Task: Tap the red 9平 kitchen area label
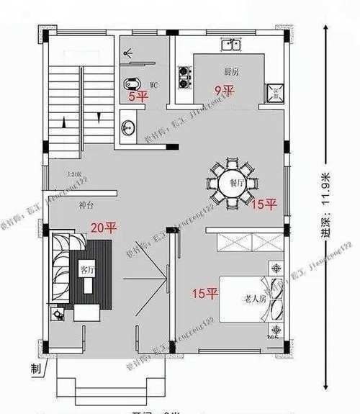(x=225, y=91)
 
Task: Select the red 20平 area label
(x=103, y=228)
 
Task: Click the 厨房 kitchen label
(x=230, y=71)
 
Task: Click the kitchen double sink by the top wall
(x=231, y=46)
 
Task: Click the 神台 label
(x=86, y=206)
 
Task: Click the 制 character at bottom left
(x=35, y=369)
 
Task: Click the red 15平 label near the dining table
(x=264, y=205)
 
